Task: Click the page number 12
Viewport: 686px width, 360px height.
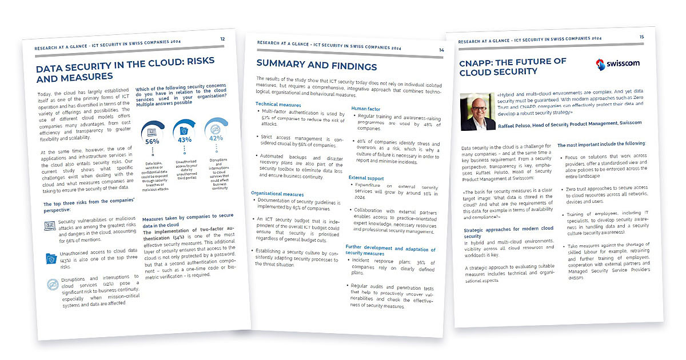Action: tap(222, 39)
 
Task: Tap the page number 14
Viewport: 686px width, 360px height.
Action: tap(441, 50)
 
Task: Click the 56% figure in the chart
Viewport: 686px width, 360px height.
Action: tap(152, 141)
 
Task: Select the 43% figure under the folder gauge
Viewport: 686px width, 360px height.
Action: tap(184, 139)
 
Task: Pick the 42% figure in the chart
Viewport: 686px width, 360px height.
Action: tap(216, 138)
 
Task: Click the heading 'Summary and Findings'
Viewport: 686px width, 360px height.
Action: tap(316, 66)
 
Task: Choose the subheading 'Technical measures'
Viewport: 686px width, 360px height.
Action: tap(278, 104)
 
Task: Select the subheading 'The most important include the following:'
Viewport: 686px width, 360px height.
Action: tap(601, 144)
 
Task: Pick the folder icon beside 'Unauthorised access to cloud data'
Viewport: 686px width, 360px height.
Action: tap(50, 258)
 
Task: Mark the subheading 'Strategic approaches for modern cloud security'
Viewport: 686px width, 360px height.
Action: tap(508, 231)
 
